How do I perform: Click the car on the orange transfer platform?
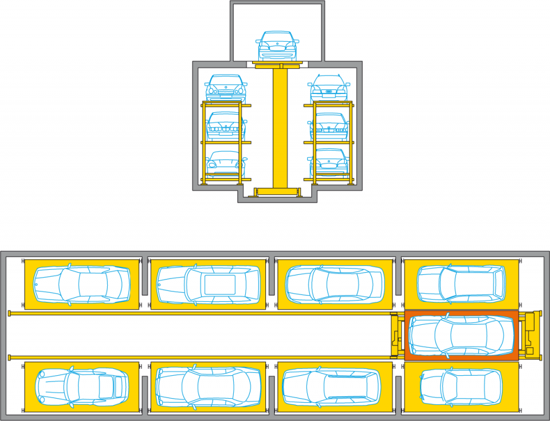[x=461, y=336]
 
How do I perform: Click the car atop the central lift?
[x=278, y=46]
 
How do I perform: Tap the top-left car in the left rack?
[x=226, y=88]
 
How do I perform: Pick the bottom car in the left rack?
[x=226, y=163]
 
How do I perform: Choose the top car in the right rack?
[x=329, y=88]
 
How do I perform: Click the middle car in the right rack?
[x=329, y=126]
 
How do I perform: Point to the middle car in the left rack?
[x=226, y=125]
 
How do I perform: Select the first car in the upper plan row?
[x=81, y=284]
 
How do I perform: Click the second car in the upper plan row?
[x=208, y=284]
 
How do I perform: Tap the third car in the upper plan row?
[x=335, y=284]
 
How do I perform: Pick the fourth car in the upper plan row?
[x=461, y=284]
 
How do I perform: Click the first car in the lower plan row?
[x=81, y=387]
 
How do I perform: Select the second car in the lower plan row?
[x=208, y=387]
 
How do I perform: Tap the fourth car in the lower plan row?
[x=461, y=387]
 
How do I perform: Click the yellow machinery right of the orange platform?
[x=531, y=335]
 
